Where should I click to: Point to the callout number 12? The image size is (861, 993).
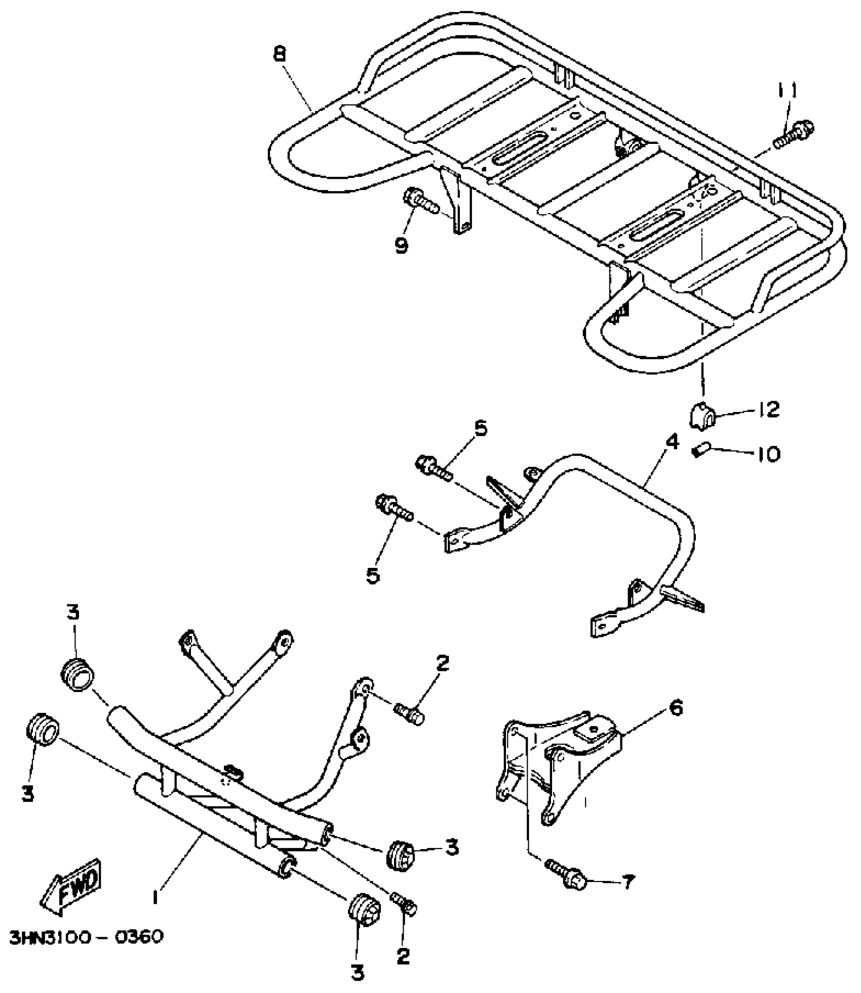[x=768, y=409]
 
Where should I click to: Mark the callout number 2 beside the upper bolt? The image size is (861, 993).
[x=442, y=664]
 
